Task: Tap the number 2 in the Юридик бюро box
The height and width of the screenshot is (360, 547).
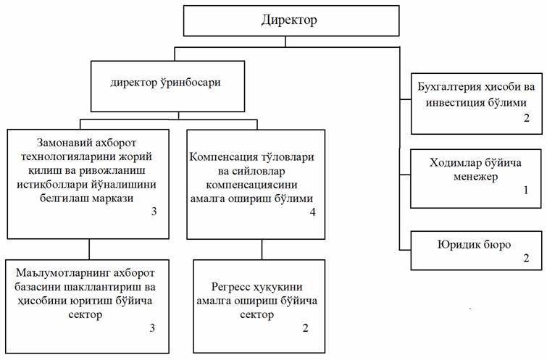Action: coord(526,257)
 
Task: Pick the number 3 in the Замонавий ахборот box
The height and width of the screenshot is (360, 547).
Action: coord(154,213)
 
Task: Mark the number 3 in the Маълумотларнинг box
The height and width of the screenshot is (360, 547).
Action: coord(152,328)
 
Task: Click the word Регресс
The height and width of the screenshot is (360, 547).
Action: coord(231,287)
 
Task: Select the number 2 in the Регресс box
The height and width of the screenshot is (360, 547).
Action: coord(305,327)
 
